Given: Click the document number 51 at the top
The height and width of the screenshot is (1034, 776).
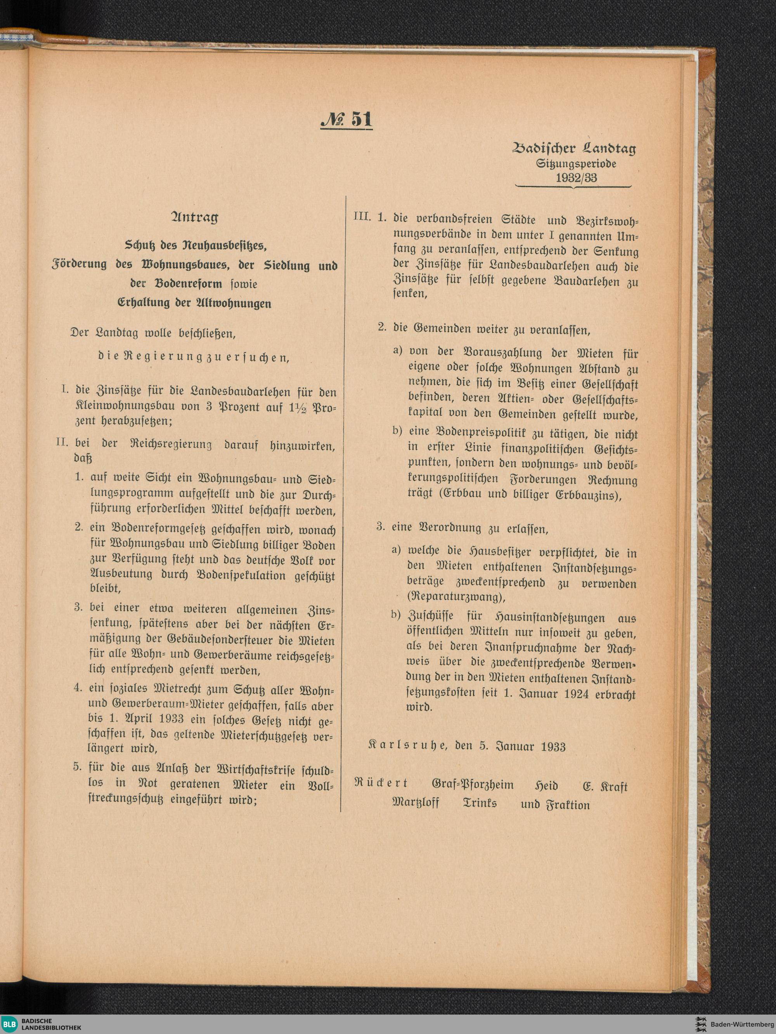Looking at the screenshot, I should coord(361,120).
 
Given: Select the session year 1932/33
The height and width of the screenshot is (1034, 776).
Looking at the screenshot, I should coord(576,178).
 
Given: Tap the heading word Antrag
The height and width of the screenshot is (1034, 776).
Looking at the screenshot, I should coord(194,217).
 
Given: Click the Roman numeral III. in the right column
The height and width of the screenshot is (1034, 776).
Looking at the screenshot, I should coord(362,217).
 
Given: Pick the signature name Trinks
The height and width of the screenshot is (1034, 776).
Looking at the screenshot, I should coord(479,803).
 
